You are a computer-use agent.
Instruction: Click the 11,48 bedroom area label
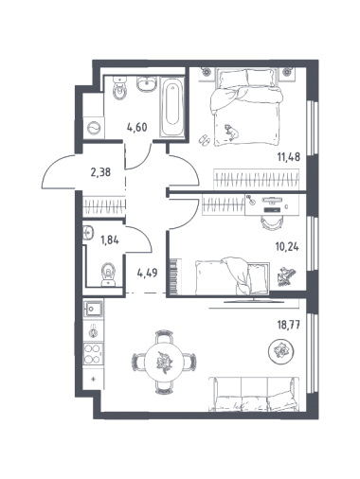[288, 157]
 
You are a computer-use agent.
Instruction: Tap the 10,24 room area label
[287, 247]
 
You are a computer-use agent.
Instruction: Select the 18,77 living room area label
[288, 324]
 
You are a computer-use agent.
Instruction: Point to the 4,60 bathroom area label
[137, 128]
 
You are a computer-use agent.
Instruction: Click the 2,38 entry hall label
[100, 172]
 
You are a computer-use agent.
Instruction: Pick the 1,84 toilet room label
[109, 240]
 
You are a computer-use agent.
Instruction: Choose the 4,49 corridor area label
[147, 272]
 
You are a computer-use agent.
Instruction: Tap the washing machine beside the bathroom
[94, 128]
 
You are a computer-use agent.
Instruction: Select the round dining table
[164, 362]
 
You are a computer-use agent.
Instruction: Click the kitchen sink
[93, 308]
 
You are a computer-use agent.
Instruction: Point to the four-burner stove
[93, 353]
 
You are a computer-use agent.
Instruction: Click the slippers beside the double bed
[204, 140]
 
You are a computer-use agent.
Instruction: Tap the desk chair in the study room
[270, 222]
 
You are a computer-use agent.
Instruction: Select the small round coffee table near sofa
[280, 351]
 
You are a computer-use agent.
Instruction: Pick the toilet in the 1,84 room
[108, 275]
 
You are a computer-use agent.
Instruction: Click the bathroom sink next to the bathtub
[146, 84]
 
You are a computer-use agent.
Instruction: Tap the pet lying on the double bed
[231, 132]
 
